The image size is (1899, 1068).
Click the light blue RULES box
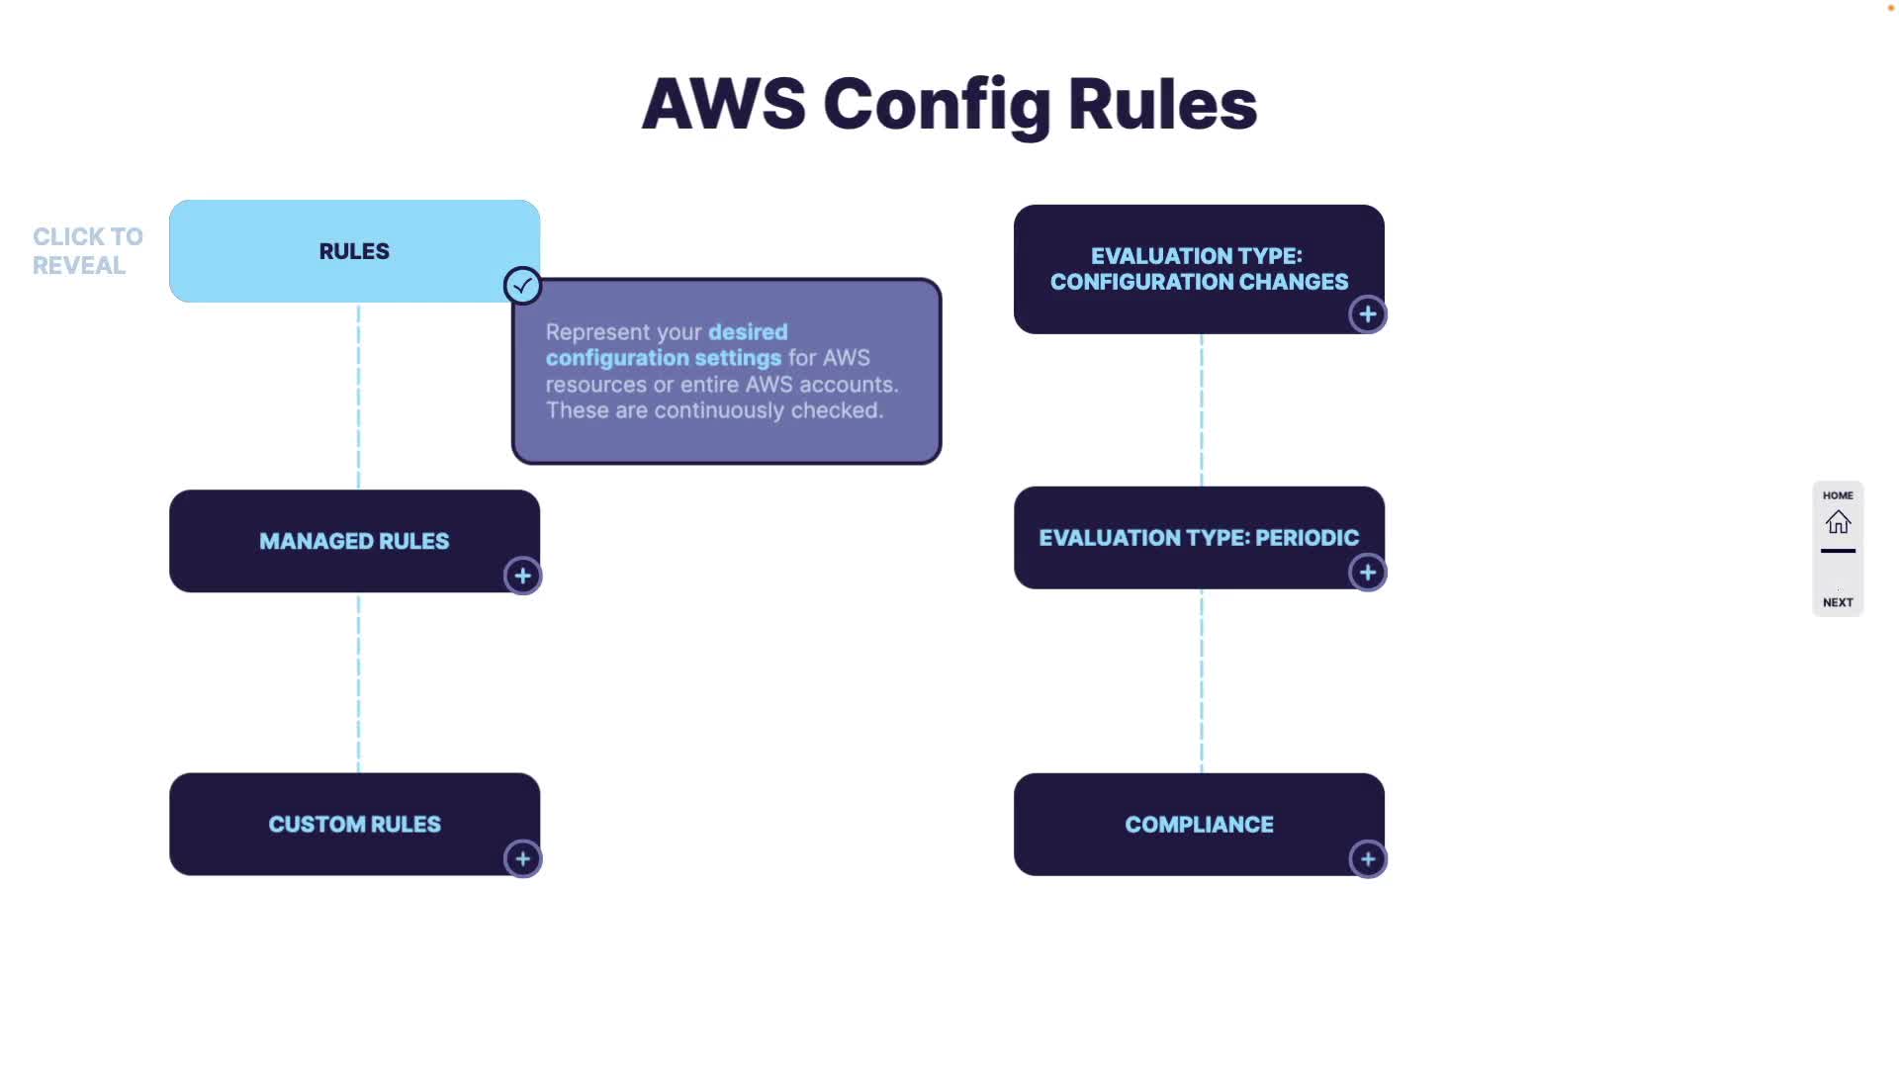[x=354, y=251]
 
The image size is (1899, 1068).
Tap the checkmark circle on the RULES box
[x=522, y=286]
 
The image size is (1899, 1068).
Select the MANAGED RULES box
[x=354, y=541]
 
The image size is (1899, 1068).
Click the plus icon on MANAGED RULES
[x=522, y=576]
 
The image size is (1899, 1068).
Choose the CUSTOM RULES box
[x=354, y=824]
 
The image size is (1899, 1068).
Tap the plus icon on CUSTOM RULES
[x=522, y=858]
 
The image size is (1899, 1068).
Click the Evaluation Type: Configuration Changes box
[x=1199, y=269]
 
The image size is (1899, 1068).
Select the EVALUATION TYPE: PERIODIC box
[x=1199, y=538]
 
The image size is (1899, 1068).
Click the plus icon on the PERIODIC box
[x=1368, y=573]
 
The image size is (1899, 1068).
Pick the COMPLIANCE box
[x=1199, y=824]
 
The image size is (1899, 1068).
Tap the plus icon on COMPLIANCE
[x=1368, y=859]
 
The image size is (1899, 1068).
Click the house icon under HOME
[x=1838, y=522]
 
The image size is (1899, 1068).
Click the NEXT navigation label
[x=1838, y=602]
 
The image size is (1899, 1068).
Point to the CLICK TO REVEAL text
[x=87, y=251]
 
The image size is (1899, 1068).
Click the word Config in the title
[x=936, y=105]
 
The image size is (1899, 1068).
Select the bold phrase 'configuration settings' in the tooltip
[x=663, y=358]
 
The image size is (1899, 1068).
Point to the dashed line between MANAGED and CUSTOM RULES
[x=358, y=682]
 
